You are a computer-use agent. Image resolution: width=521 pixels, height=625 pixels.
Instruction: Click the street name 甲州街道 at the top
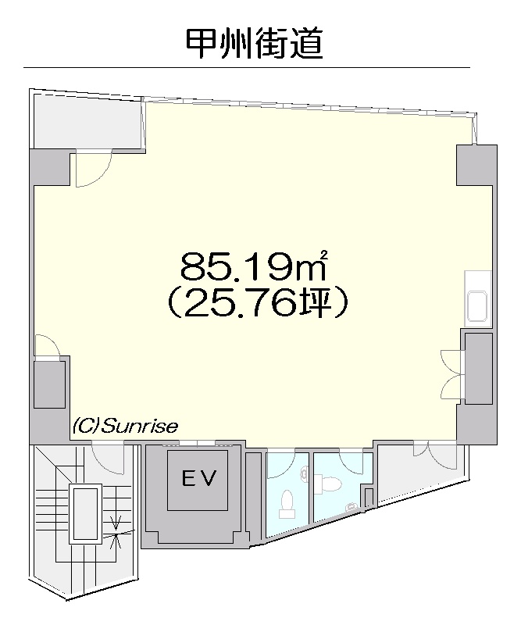[255, 44]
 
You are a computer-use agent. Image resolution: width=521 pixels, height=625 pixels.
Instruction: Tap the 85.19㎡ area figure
[254, 266]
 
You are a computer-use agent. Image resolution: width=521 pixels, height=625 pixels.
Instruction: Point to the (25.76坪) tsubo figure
[257, 304]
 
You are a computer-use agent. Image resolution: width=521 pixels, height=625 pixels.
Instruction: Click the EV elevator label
[199, 478]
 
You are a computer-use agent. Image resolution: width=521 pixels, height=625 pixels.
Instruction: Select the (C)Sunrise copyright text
[125, 426]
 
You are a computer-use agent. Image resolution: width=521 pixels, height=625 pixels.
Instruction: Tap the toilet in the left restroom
[287, 503]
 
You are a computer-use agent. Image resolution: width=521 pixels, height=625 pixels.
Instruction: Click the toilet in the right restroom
[329, 484]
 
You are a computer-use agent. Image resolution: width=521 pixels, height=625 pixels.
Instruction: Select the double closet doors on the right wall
[452, 375]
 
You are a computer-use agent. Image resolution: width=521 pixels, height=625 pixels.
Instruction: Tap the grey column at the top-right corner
[476, 165]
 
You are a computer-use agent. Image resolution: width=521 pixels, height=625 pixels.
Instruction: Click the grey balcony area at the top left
[87, 120]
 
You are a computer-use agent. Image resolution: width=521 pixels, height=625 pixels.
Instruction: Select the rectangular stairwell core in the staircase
[85, 513]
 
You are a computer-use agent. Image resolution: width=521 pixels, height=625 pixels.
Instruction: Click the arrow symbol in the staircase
[117, 531]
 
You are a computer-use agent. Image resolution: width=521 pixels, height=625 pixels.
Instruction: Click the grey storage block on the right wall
[478, 369]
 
